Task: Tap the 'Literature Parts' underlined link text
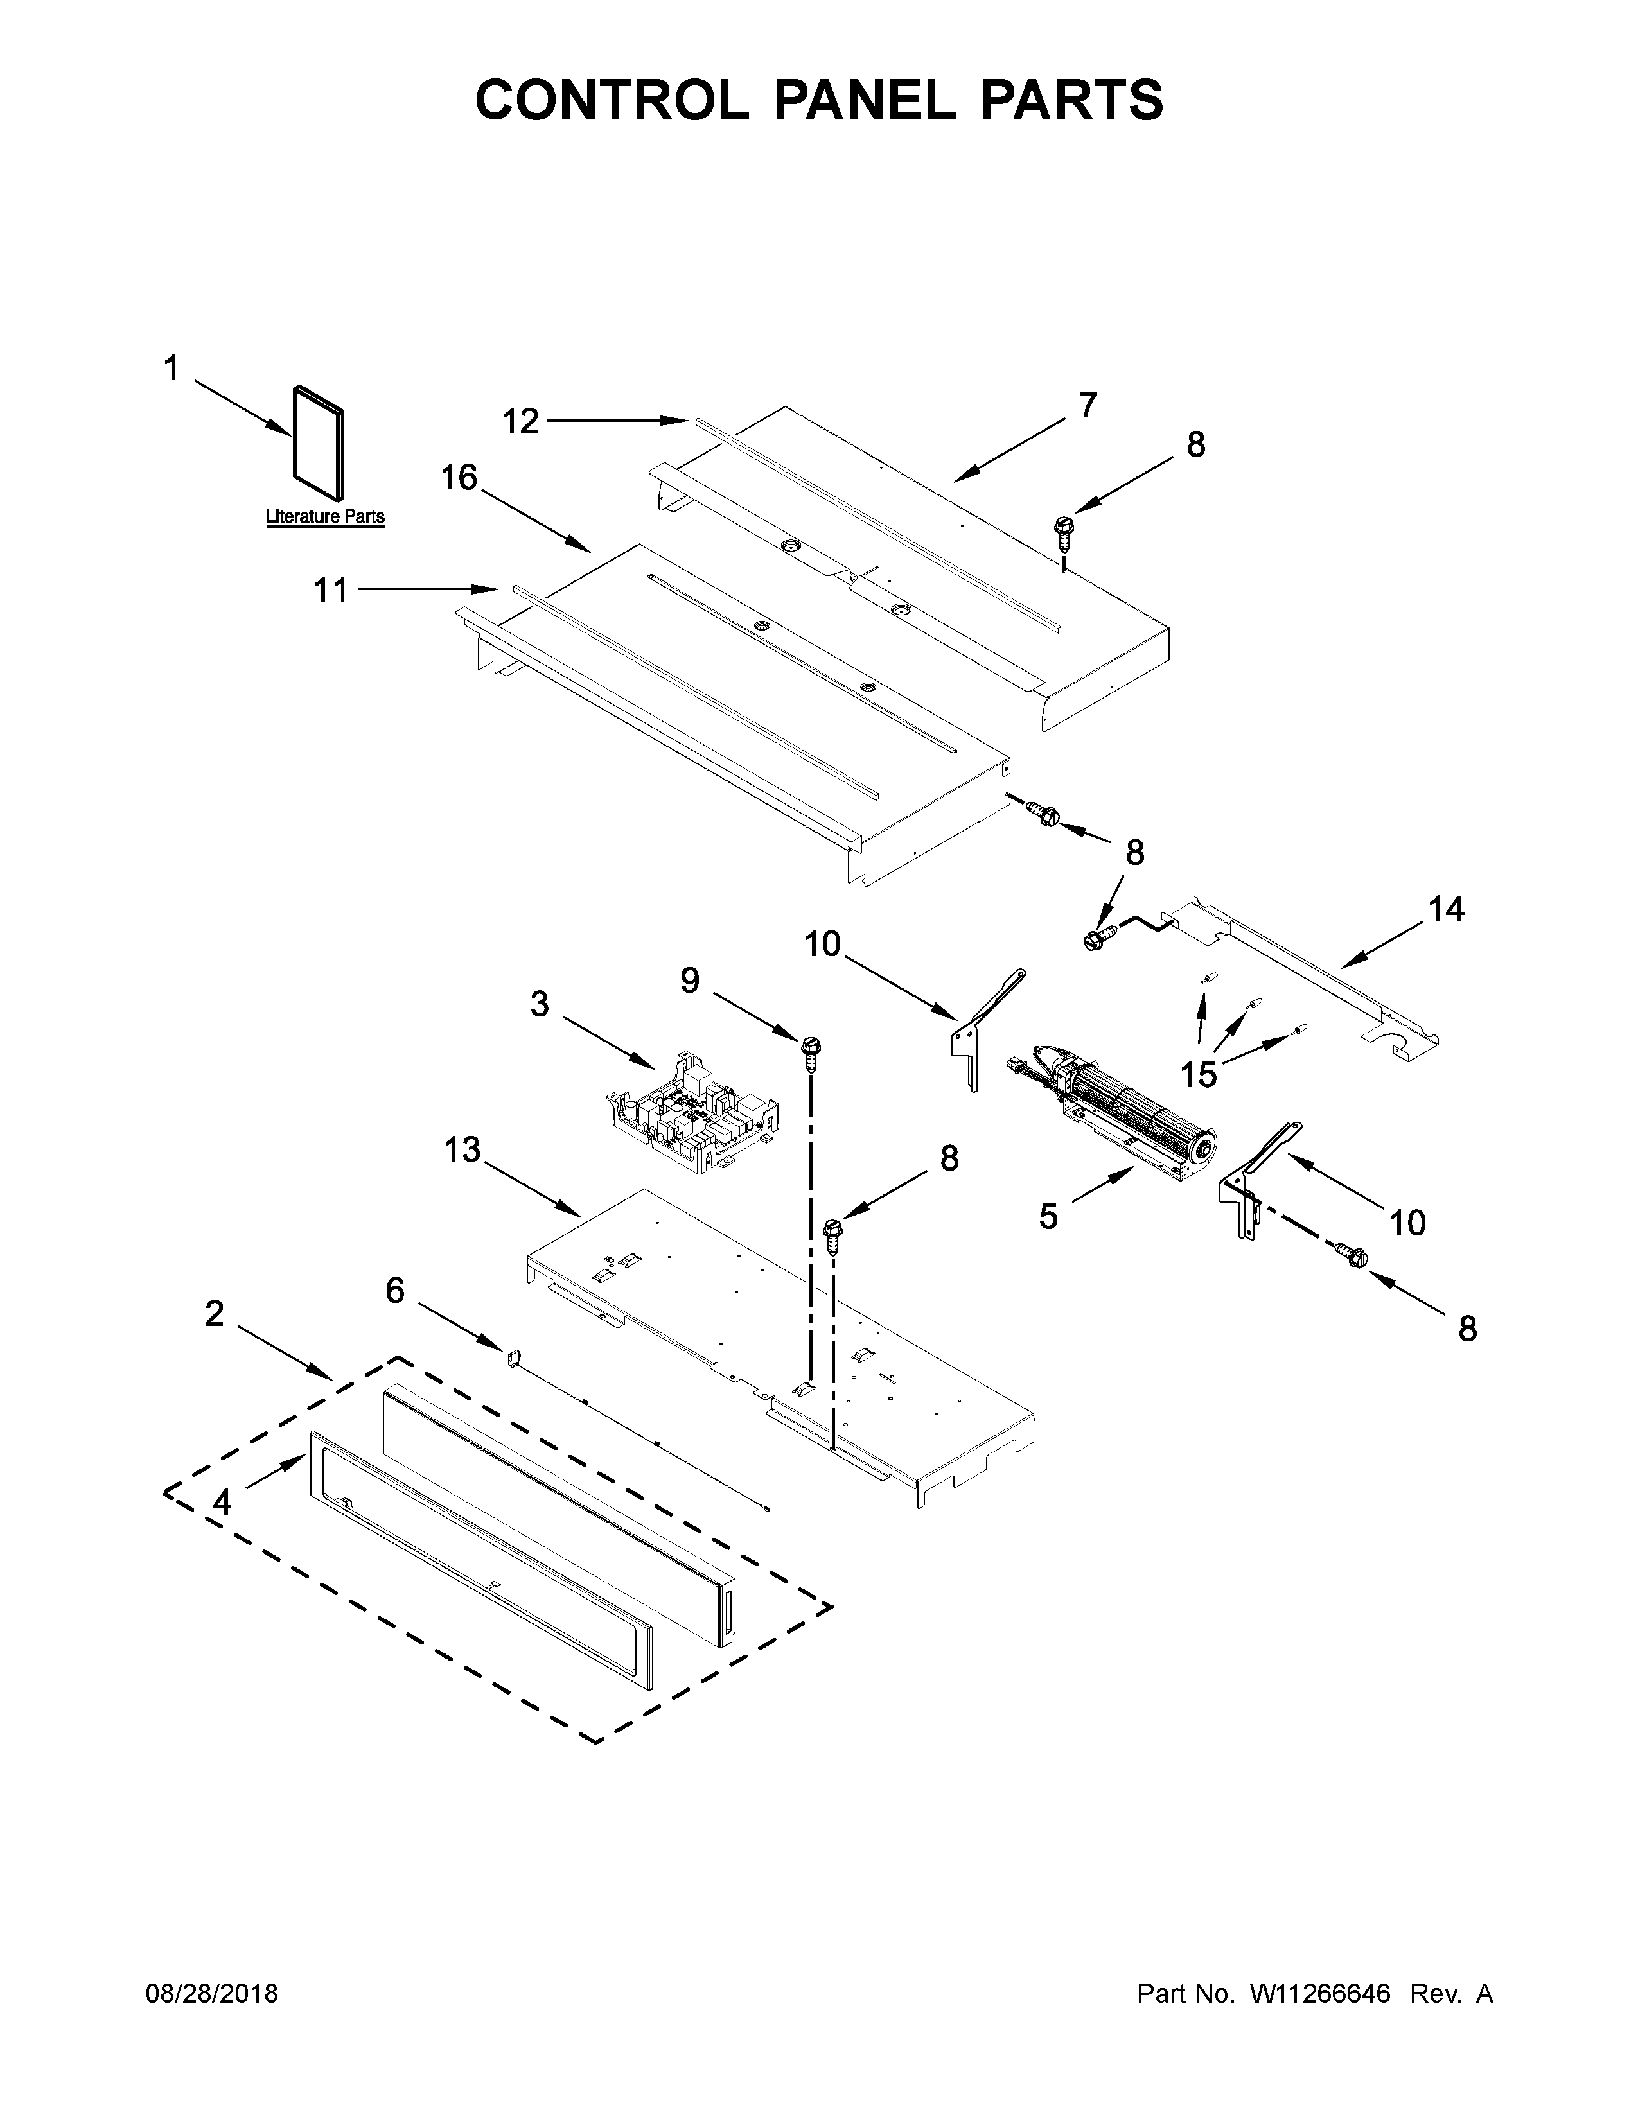(325, 517)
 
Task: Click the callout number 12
(520, 421)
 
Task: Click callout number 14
(1446, 909)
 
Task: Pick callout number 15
(1199, 1075)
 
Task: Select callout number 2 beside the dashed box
(215, 1314)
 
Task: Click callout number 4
(222, 1503)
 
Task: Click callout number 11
(330, 590)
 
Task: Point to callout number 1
(172, 369)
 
